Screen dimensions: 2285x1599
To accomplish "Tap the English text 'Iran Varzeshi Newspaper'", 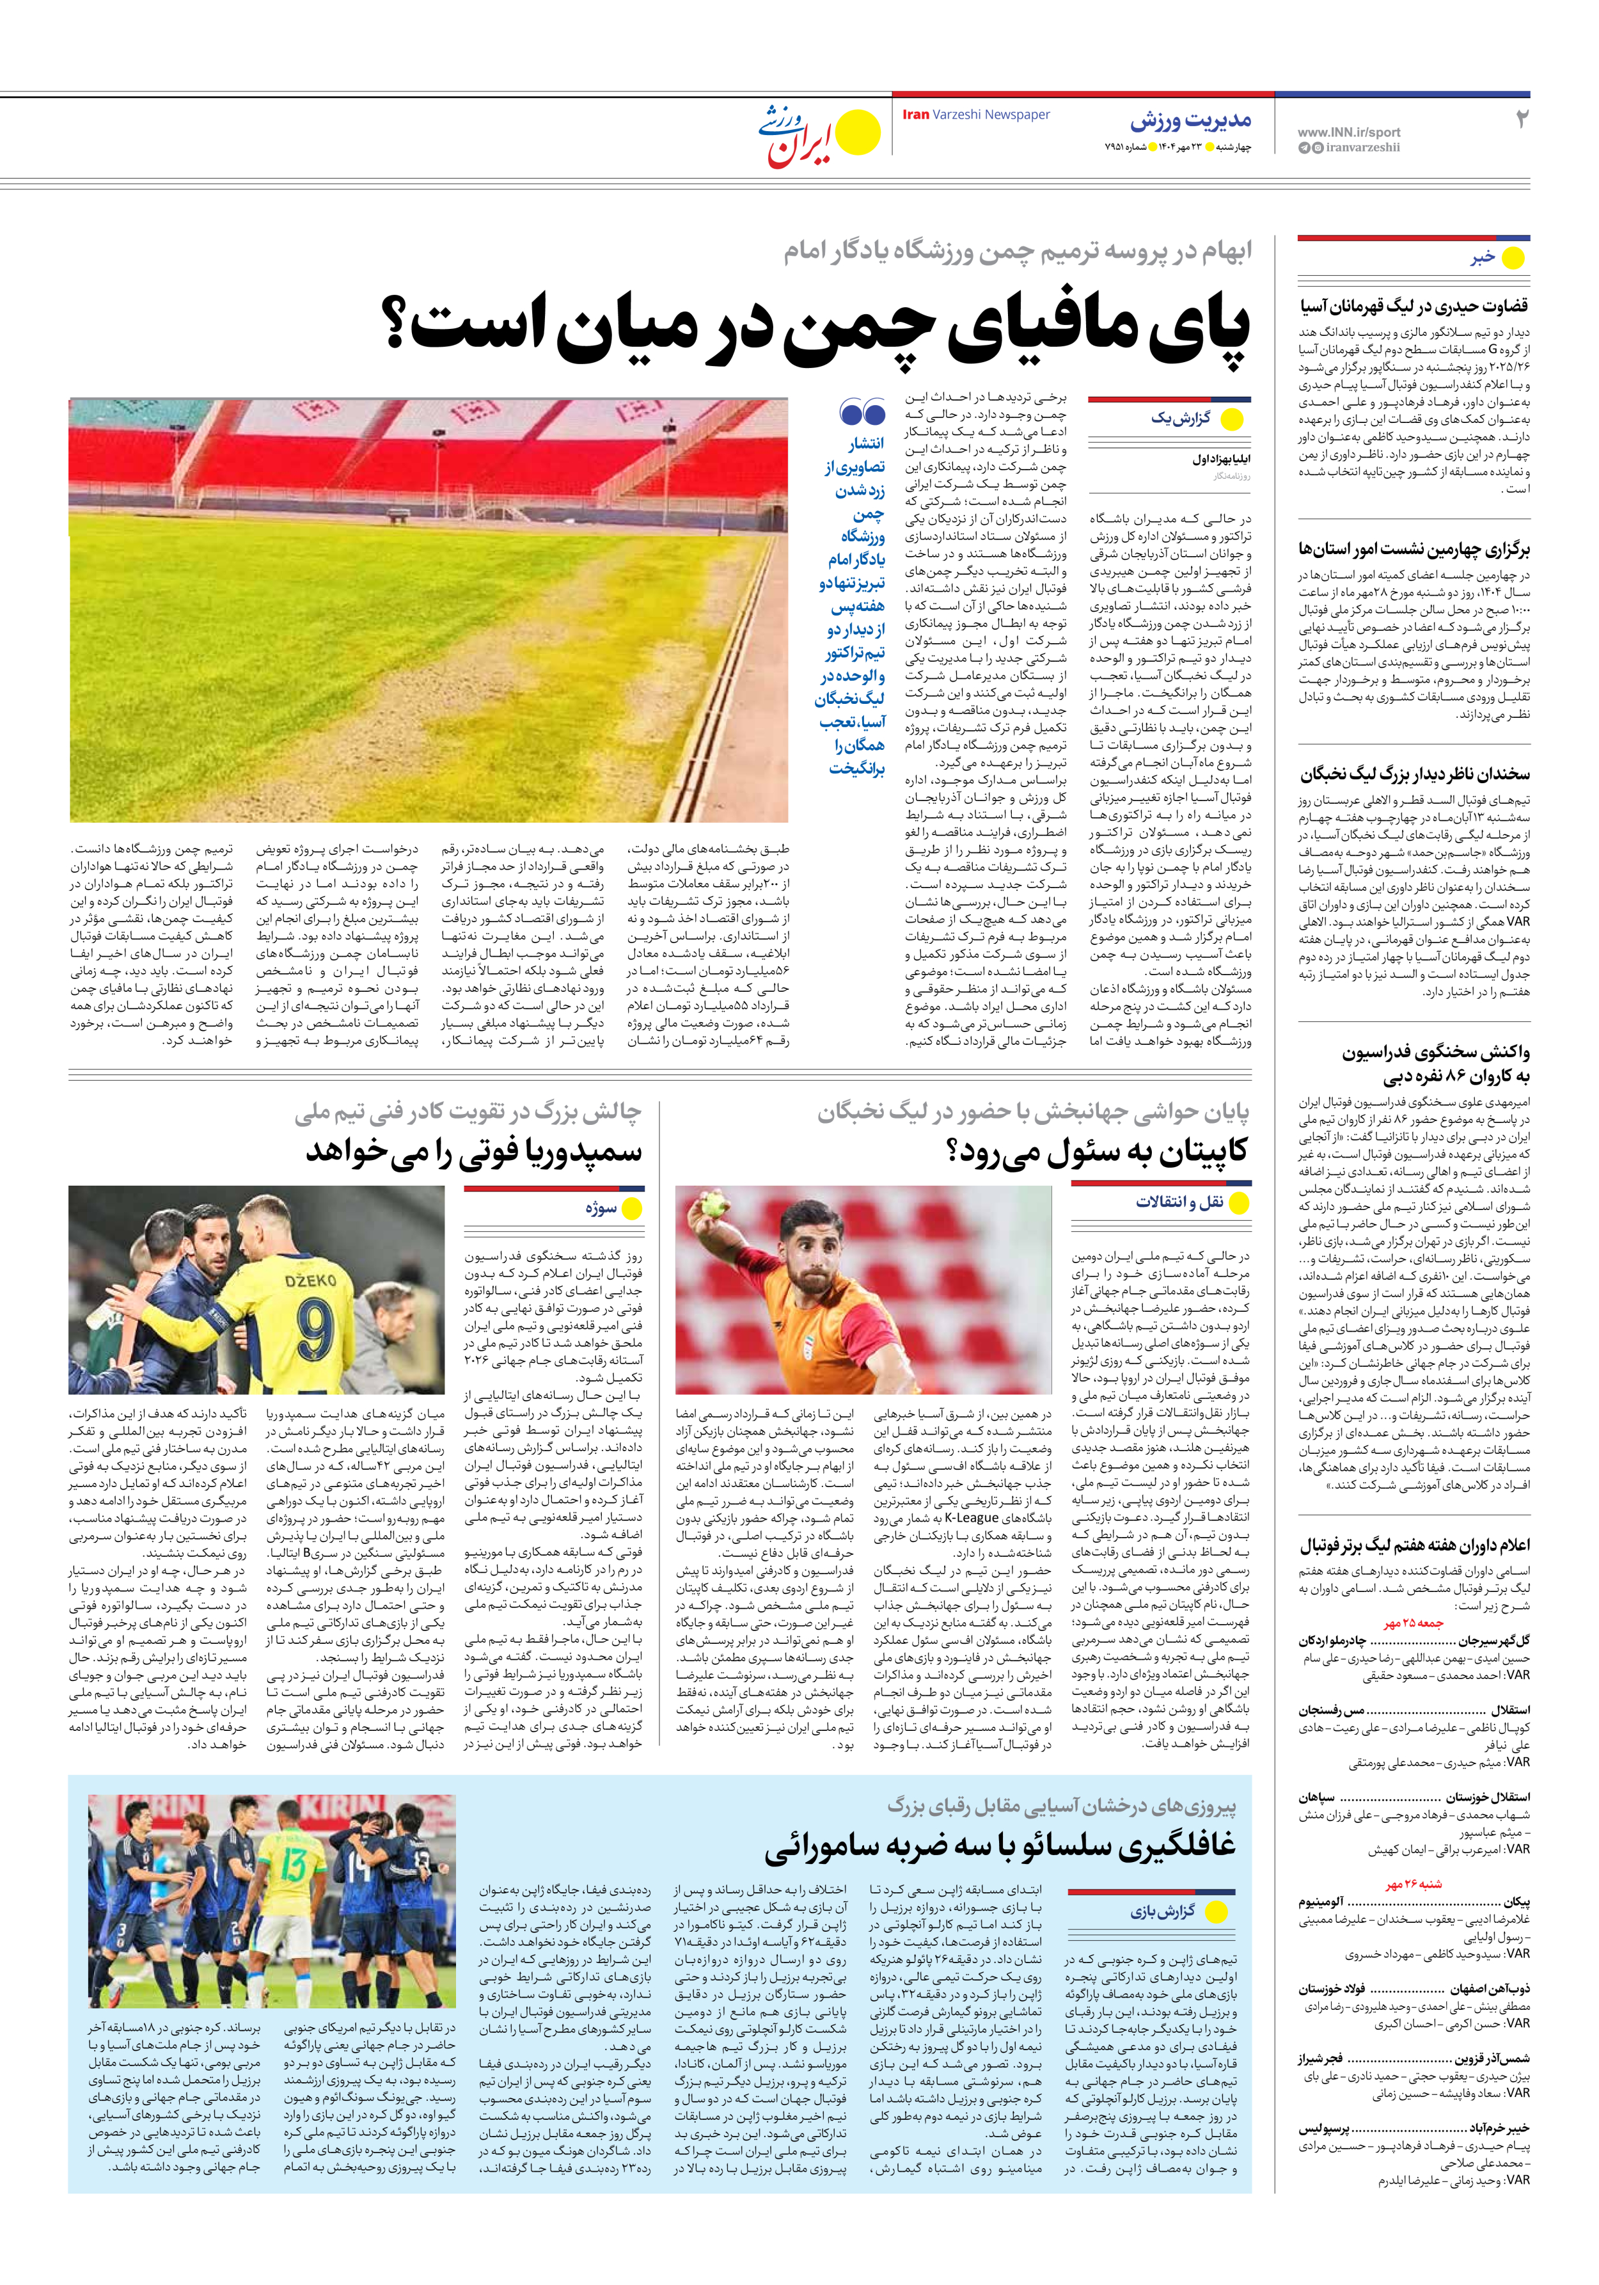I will click(x=975, y=115).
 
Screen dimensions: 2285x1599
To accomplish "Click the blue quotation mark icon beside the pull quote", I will click(x=862, y=411).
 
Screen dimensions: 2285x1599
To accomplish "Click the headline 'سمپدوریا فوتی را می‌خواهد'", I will click(x=474, y=1151).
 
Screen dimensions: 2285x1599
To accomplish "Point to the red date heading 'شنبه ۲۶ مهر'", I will click(x=1413, y=1884).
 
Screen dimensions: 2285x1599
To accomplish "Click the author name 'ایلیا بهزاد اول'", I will click(x=1221, y=460).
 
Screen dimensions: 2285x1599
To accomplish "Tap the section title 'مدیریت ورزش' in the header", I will click(x=1190, y=120).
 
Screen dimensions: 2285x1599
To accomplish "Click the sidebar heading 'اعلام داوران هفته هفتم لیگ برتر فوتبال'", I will click(x=1414, y=1545).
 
